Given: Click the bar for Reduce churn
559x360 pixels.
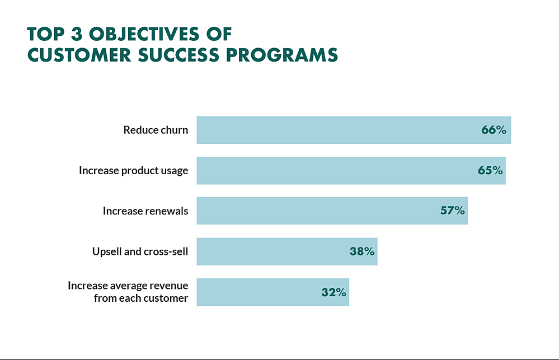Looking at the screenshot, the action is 354,130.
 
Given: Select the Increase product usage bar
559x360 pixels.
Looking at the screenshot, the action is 351,171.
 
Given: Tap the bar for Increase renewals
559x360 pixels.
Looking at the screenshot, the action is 332,211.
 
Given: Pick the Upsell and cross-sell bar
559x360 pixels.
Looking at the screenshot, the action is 287,251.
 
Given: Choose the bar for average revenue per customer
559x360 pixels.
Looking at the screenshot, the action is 273,292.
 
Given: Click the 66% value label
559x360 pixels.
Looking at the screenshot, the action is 494,130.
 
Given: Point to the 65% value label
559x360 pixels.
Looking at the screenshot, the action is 490,171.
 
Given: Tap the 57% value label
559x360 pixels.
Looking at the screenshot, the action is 453,211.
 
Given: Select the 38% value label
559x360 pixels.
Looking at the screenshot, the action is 362,251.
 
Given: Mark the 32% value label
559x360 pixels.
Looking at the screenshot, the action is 333,292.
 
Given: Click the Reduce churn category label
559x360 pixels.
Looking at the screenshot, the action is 156,130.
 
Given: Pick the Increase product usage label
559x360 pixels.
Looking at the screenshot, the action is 133,171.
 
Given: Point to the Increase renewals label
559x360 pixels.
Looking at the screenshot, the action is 145,211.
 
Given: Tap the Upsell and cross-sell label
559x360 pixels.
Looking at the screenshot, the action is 140,251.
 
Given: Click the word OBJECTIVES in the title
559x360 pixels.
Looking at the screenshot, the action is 144,34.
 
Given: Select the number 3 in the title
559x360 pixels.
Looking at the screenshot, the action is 77,34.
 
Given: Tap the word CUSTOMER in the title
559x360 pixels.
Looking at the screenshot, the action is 79,55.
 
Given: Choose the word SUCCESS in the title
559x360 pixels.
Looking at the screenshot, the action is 178,55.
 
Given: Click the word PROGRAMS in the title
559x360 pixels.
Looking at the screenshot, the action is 281,55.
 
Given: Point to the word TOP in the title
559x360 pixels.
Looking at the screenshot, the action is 46,34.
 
